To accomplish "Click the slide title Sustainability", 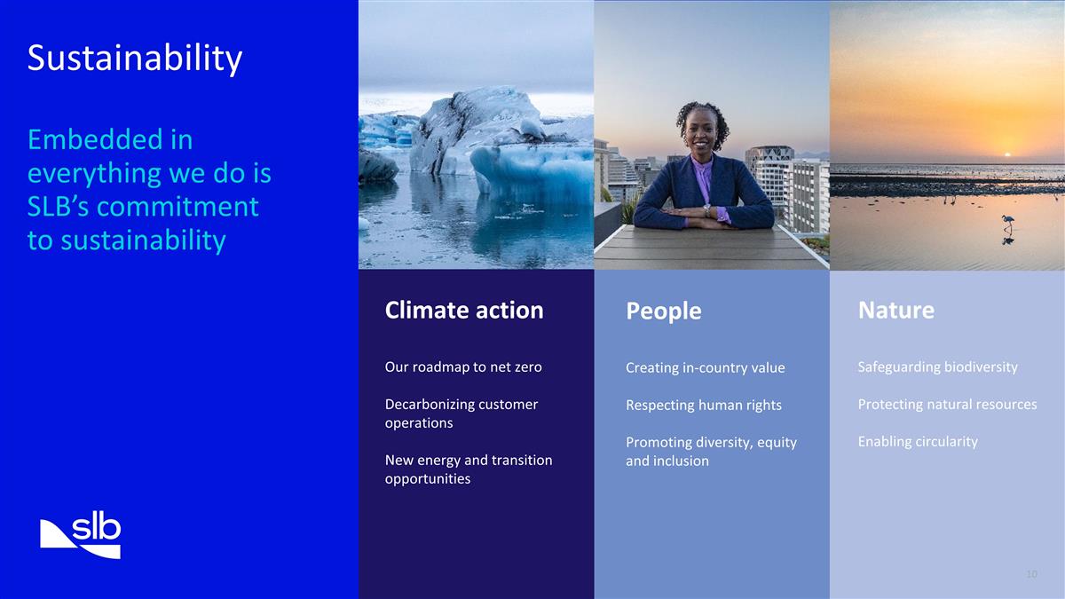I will (134, 59).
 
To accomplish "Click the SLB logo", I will (81, 535).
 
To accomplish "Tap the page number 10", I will (1030, 574).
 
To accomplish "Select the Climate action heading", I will (463, 310).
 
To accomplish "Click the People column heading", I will (663, 311).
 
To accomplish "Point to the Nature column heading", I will (895, 310).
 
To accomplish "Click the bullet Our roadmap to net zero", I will (462, 366).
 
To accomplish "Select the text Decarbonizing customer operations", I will (461, 414).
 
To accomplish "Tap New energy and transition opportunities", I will (468, 469).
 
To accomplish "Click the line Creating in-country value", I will (705, 367).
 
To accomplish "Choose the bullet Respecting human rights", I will (703, 405).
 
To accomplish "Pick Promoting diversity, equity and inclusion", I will (710, 451).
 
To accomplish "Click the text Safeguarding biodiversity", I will (937, 366).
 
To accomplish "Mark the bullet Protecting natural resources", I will (946, 404).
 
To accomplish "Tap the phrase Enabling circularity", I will (917, 441).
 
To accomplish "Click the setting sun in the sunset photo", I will (1006, 154).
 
